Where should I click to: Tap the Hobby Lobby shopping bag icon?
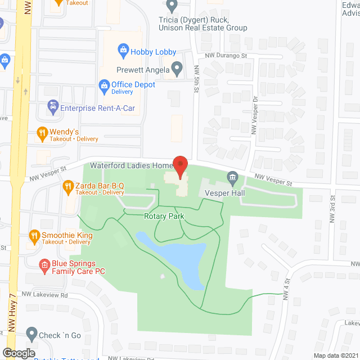tap(123, 52)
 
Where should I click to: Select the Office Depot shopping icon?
tap(103, 85)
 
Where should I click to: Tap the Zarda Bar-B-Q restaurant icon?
tap(67, 186)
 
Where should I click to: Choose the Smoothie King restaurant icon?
tap(34, 235)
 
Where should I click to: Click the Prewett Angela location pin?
tap(177, 70)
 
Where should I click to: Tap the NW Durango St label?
tap(226, 56)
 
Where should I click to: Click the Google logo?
tap(18, 353)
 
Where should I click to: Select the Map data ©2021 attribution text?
tap(335, 355)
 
